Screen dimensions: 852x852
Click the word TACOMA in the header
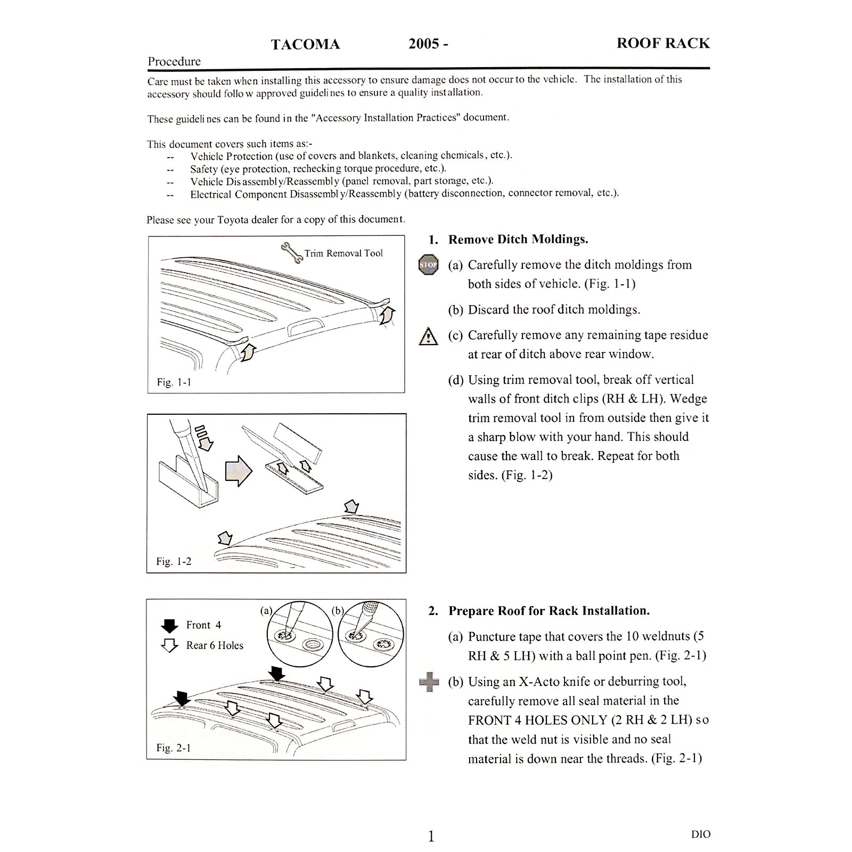tap(305, 44)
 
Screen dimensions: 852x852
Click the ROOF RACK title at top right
tap(663, 43)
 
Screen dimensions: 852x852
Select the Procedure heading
tap(174, 61)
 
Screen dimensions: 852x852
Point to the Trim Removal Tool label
tap(343, 253)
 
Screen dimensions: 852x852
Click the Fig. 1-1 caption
tap(174, 382)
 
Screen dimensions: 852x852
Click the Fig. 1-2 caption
tap(174, 561)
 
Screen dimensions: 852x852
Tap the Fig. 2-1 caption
tap(174, 748)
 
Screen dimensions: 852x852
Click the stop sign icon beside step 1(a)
tap(429, 265)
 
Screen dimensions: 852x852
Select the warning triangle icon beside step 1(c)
tap(429, 337)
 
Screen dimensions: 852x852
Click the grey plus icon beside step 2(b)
tap(429, 682)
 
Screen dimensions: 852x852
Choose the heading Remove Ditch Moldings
tap(518, 240)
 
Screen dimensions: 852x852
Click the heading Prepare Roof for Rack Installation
tap(549, 611)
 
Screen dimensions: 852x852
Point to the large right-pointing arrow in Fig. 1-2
tap(238, 471)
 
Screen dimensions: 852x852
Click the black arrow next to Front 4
tap(169, 626)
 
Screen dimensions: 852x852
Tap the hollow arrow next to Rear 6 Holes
tap(169, 646)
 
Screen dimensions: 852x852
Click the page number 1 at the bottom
tap(431, 837)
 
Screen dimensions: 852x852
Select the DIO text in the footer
tap(701, 834)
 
